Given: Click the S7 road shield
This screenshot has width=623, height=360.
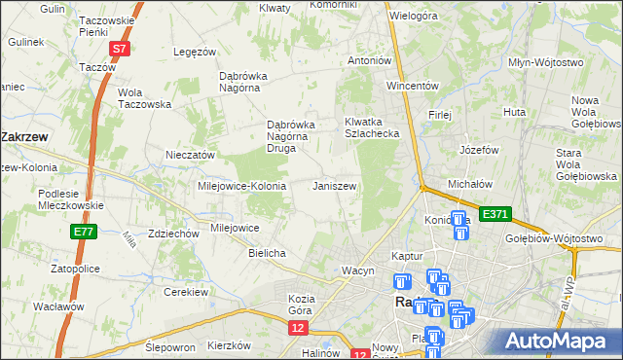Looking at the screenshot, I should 119,48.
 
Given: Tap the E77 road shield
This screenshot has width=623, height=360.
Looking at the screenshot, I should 83,232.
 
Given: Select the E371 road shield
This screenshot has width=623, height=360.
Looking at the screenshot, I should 495,213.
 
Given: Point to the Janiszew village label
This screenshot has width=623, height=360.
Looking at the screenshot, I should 334,185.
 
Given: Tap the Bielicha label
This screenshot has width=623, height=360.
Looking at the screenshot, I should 266,253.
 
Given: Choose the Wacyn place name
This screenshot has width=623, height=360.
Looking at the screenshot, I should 357,270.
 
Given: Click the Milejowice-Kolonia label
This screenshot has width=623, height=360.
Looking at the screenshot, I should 241,185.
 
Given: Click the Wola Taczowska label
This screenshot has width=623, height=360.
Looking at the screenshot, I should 144,98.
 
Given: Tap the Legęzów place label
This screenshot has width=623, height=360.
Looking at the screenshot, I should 193,52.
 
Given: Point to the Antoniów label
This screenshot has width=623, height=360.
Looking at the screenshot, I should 370,60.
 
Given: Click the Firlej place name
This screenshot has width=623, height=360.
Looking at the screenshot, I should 440,115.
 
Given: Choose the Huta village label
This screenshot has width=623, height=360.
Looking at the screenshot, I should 515,113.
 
